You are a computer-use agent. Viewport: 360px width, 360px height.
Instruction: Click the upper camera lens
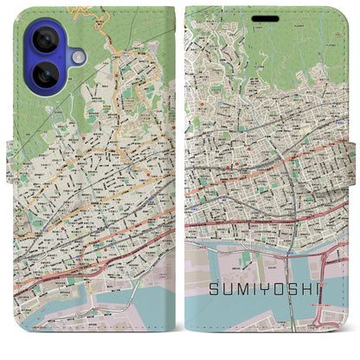pyautogui.click(x=44, y=40)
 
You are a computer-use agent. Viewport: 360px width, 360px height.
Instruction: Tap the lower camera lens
pyautogui.click(x=44, y=74)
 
